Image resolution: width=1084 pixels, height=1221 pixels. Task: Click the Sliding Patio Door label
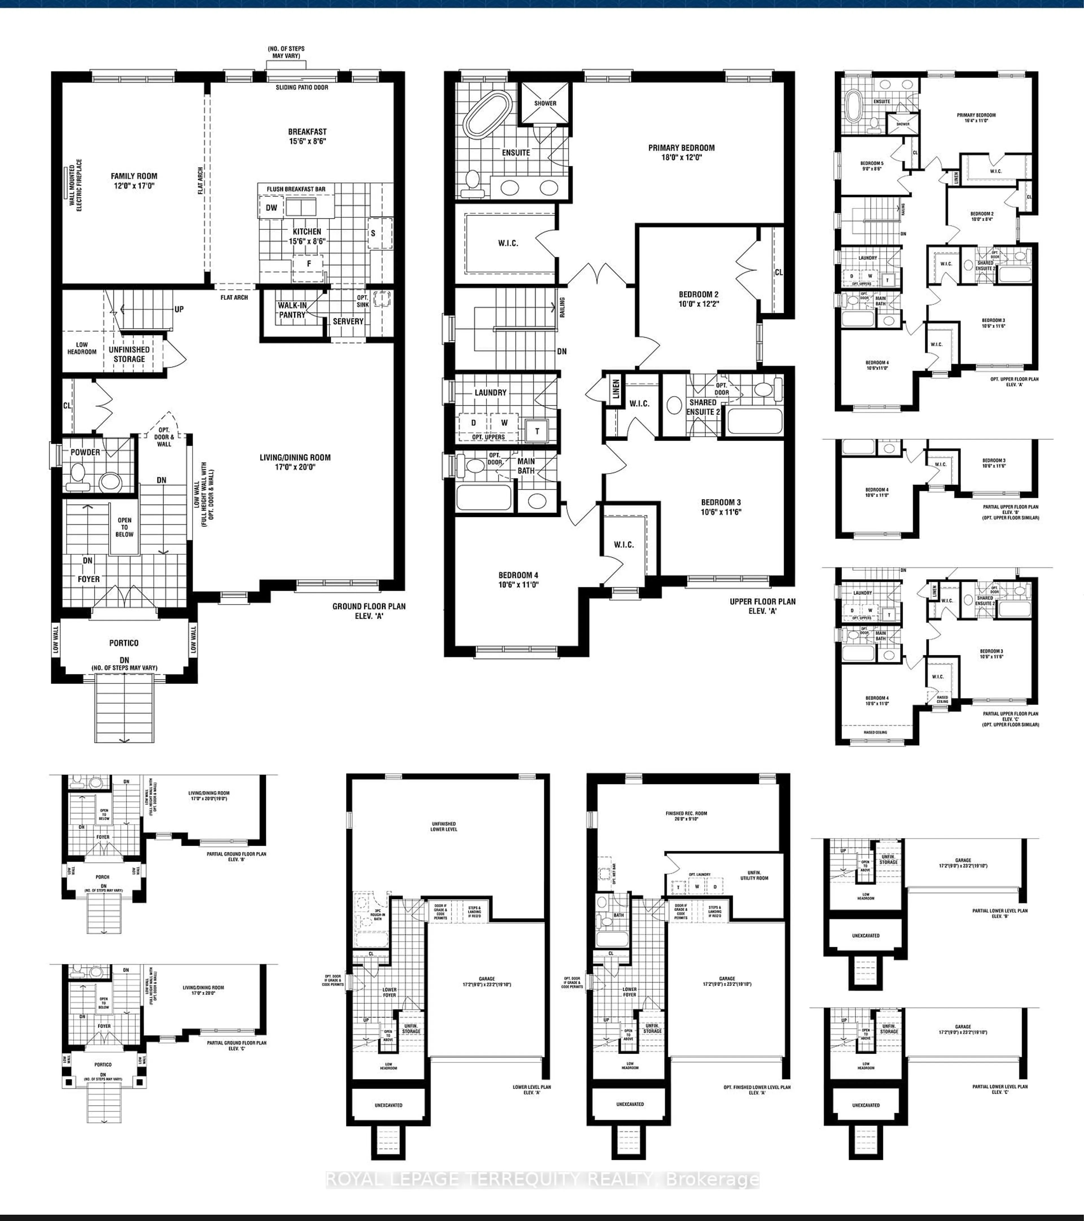pos(302,87)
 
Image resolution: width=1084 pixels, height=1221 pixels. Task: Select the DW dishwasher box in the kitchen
pos(271,208)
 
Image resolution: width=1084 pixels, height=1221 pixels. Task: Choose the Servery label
pos(348,321)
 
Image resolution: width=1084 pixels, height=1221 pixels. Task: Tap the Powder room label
pos(86,452)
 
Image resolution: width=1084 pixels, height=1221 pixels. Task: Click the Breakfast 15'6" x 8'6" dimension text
pos(307,142)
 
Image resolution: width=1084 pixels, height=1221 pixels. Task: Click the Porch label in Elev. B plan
pos(102,877)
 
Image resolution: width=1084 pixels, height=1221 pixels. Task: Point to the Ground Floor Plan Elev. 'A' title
pos(369,611)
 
